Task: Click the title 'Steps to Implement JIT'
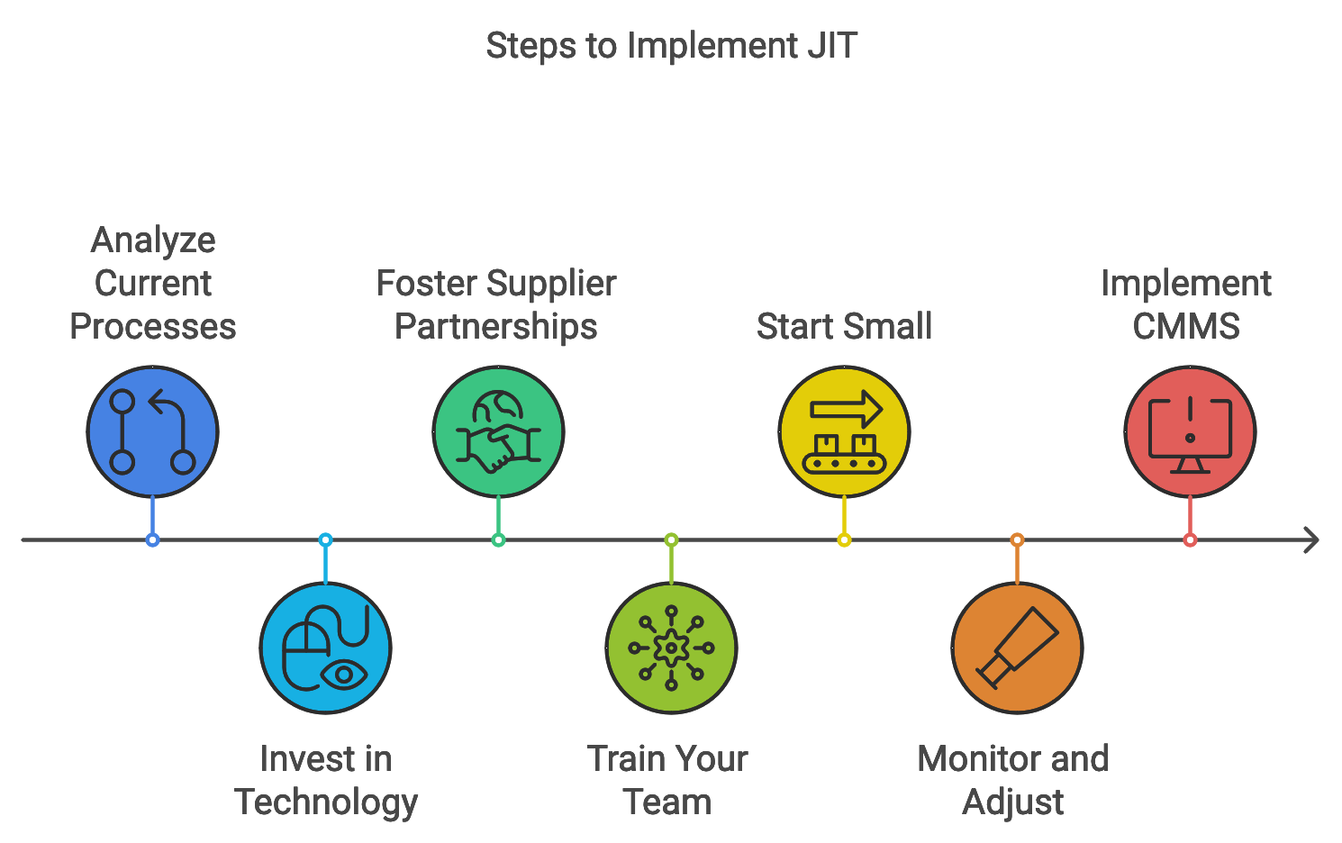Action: (x=671, y=46)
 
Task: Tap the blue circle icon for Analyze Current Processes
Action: (x=152, y=431)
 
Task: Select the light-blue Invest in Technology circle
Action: (x=325, y=648)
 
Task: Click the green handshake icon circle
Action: (x=498, y=431)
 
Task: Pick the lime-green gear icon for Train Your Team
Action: (x=671, y=648)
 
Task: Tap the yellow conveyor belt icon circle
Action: (x=844, y=431)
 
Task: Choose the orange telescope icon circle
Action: (x=1017, y=648)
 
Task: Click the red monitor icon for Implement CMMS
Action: (x=1190, y=431)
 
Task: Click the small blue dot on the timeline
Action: (x=152, y=540)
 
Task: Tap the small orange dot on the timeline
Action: (x=1017, y=540)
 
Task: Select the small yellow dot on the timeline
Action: (x=844, y=540)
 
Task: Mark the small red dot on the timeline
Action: (x=1190, y=540)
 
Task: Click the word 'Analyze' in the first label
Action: (x=153, y=240)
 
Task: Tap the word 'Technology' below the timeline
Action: (x=326, y=802)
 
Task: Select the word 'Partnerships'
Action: (x=496, y=327)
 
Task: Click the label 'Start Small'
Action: (x=844, y=327)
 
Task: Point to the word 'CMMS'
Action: (x=1186, y=327)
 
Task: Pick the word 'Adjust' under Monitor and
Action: (x=1013, y=802)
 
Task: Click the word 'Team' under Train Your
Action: (x=667, y=802)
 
